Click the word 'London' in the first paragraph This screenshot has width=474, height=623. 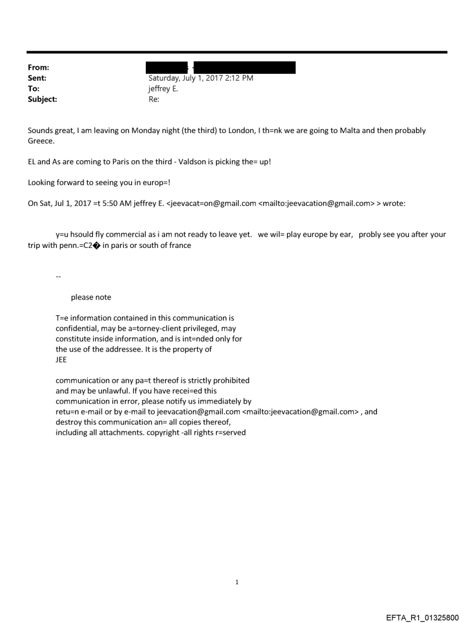point(231,131)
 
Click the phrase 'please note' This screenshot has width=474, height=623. point(91,297)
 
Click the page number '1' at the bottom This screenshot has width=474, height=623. point(237,582)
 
